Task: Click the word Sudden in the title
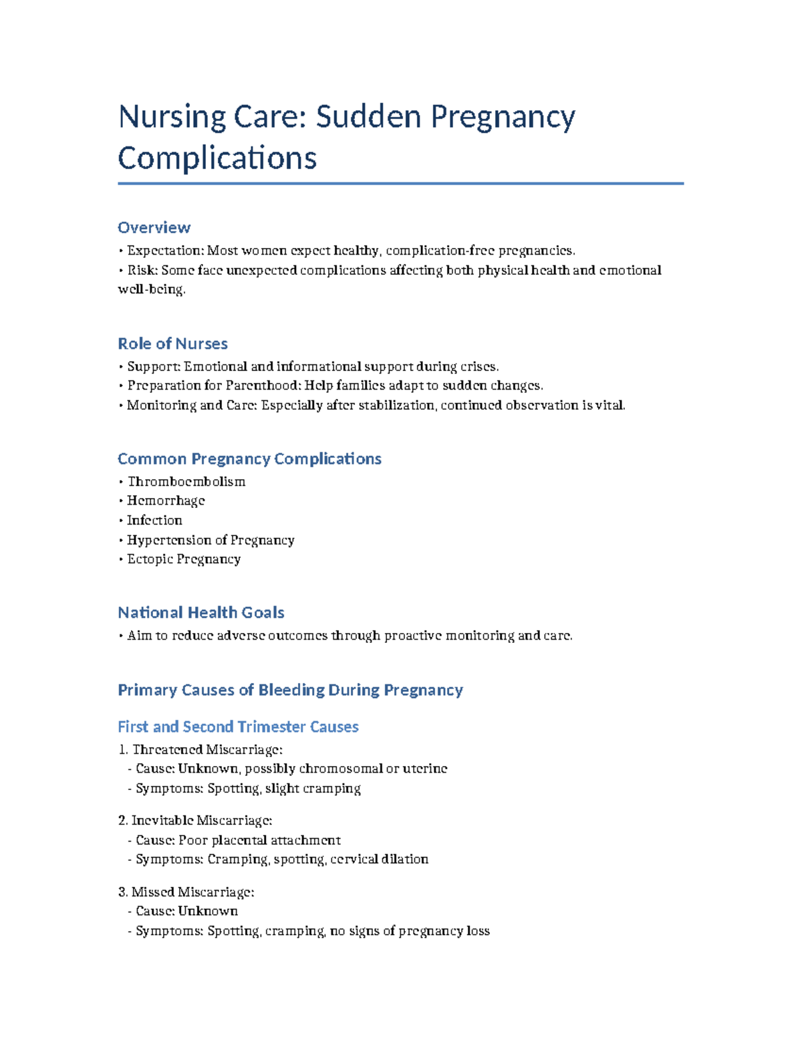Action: (369, 117)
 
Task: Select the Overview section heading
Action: (154, 228)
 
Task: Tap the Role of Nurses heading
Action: (172, 344)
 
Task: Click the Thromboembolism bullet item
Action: (186, 482)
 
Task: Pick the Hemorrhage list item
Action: (166, 501)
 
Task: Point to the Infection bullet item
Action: (154, 520)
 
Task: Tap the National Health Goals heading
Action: (200, 613)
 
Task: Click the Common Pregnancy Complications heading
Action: (249, 459)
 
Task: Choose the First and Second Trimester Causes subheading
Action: (238, 727)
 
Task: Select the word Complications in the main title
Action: (217, 158)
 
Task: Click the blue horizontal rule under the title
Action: (400, 183)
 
